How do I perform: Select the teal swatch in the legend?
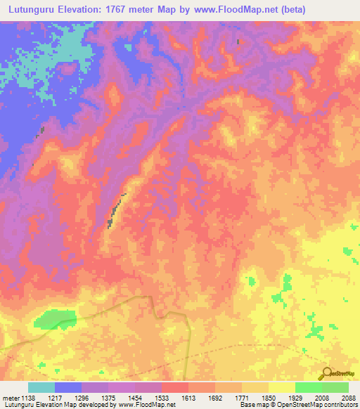click(x=41, y=387)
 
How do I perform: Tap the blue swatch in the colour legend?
click(x=67, y=387)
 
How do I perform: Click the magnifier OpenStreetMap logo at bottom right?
click(x=326, y=374)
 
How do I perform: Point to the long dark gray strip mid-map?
click(x=116, y=211)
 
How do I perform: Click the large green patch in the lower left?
click(x=55, y=320)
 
